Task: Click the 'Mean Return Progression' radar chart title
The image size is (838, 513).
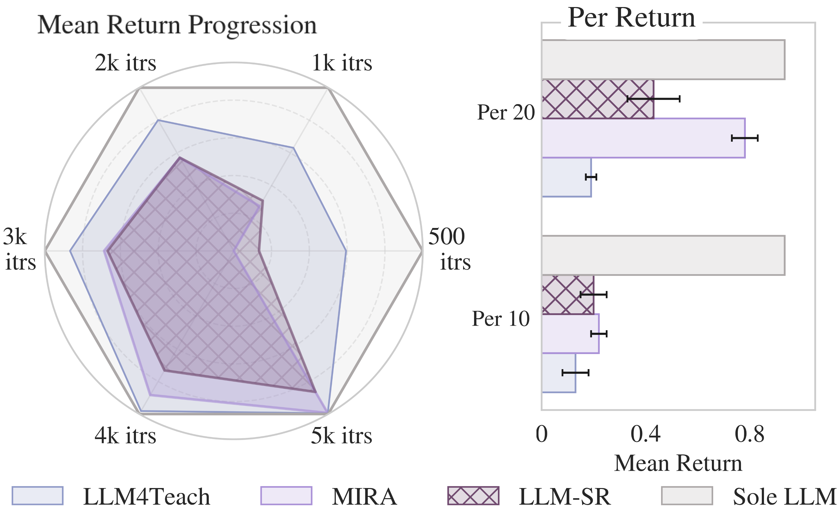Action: click(177, 25)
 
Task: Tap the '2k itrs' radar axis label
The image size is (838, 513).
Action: click(125, 63)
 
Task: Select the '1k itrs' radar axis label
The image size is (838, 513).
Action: click(342, 63)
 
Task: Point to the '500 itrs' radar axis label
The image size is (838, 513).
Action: click(449, 249)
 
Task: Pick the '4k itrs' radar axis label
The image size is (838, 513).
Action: click(125, 436)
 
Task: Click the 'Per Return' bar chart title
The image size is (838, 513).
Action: click(631, 18)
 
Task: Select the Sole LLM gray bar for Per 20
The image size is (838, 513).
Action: click(663, 60)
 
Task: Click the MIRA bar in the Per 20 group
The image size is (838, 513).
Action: click(643, 138)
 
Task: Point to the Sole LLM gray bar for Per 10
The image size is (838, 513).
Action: click(663, 255)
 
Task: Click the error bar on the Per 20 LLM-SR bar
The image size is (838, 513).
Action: click(653, 99)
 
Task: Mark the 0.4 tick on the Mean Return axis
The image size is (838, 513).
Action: click(646, 434)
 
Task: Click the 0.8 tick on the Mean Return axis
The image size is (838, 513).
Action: click(750, 434)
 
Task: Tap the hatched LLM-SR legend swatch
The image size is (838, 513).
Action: click(473, 496)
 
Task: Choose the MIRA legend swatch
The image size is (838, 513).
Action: click(286, 496)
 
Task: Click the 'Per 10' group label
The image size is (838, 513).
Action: click(501, 319)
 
